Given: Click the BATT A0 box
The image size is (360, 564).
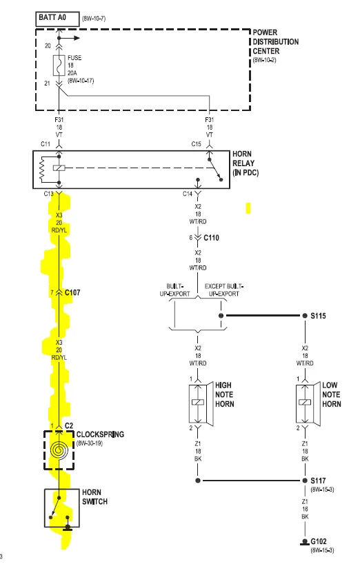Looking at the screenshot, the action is (57, 19).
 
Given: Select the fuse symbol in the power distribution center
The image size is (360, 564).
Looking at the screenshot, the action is (59, 66).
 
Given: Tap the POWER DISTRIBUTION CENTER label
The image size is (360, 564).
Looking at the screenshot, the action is (275, 42).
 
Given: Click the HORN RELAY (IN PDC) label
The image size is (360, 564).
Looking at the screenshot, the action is (246, 163).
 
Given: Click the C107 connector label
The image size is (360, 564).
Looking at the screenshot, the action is (72, 293).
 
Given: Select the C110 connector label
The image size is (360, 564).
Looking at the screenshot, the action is (211, 238).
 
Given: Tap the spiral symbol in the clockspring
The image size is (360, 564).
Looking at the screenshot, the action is (59, 450).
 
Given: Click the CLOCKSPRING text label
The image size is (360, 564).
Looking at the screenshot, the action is (100, 434).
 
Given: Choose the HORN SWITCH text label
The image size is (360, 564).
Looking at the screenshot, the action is (94, 496).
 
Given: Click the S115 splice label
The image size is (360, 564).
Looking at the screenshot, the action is (319, 316).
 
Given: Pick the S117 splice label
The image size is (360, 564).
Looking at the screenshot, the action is (319, 481).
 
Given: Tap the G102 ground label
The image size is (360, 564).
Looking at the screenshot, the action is (319, 541).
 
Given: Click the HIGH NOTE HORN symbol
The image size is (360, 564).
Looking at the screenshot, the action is (198, 403).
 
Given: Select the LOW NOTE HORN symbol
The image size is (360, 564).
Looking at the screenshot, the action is (305, 403).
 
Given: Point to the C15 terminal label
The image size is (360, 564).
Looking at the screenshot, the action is (196, 144).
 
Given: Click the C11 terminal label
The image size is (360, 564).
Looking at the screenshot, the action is (46, 144).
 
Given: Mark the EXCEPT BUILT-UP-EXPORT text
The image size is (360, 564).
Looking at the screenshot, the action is (223, 290).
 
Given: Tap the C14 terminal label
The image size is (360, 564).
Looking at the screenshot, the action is (188, 194).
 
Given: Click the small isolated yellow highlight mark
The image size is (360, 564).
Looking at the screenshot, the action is (248, 208).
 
